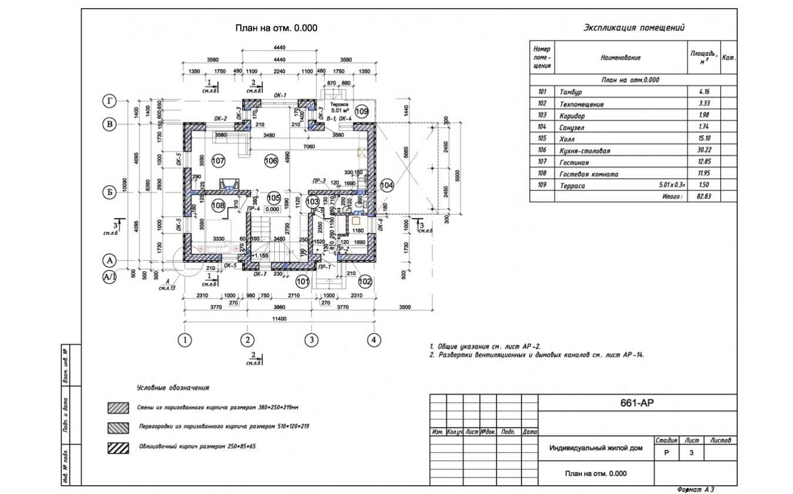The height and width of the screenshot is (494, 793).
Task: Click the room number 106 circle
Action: tap(270, 161)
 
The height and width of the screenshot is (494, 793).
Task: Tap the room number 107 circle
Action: tap(218, 161)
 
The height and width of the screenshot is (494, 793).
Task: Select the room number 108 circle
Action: tap(218, 206)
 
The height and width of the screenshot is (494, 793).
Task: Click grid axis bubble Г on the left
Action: tap(109, 101)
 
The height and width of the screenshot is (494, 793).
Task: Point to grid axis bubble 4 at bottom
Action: tap(374, 339)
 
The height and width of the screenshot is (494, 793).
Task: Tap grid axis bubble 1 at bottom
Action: tap(185, 339)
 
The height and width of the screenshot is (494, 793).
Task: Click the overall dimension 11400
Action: tap(279, 319)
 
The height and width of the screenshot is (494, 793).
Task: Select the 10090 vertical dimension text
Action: tap(125, 185)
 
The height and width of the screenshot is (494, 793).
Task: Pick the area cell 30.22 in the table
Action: tap(703, 151)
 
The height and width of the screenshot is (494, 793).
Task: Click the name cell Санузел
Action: tap(572, 128)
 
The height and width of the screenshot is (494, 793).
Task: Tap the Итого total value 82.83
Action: tap(703, 196)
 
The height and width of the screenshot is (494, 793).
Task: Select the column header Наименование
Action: tap(620, 58)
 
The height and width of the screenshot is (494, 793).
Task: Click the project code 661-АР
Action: tap(637, 403)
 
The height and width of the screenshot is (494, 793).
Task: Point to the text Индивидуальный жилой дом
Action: tap(596, 448)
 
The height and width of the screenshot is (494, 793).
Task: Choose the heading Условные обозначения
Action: tap(173, 388)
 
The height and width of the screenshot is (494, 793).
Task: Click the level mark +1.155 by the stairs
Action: tap(260, 256)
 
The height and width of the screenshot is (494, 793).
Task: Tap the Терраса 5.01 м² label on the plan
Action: tap(339, 107)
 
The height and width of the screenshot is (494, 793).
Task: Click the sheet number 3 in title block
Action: tap(691, 453)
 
